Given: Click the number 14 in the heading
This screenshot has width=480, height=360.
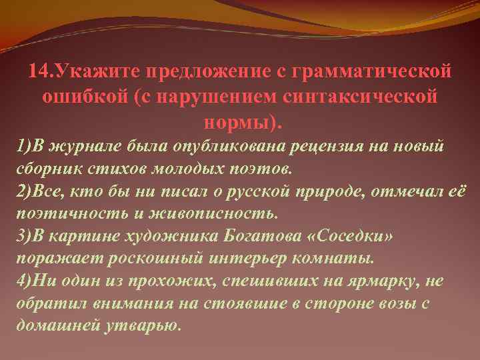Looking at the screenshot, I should pos(38,71).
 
